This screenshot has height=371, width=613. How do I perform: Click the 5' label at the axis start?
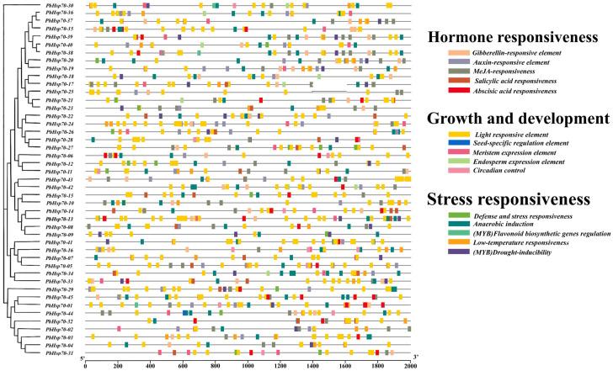coord(82,360)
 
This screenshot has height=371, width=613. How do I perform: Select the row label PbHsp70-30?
coord(59,6)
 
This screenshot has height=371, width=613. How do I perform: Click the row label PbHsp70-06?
coord(59,156)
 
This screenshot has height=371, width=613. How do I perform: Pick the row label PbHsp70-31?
coord(59,352)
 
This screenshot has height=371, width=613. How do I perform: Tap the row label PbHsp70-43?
coord(59,179)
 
